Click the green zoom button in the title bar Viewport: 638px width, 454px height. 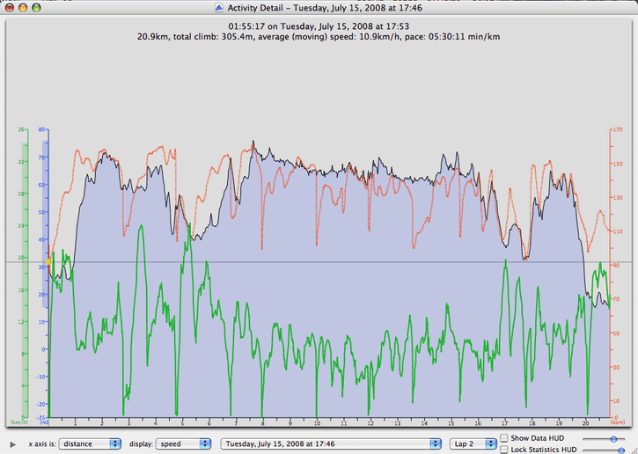click(x=37, y=7)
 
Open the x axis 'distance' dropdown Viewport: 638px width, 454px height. click(x=90, y=443)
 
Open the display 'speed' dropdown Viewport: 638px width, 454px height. click(x=185, y=443)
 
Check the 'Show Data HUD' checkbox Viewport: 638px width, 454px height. click(x=503, y=438)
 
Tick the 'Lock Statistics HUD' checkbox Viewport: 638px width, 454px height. click(x=503, y=449)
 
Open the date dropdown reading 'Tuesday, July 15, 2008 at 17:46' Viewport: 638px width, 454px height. click(x=331, y=443)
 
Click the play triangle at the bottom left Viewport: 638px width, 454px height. click(x=11, y=443)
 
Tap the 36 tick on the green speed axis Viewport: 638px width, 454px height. click(x=20, y=130)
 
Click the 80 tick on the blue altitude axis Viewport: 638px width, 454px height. click(x=41, y=130)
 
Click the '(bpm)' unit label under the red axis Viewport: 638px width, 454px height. click(x=618, y=423)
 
